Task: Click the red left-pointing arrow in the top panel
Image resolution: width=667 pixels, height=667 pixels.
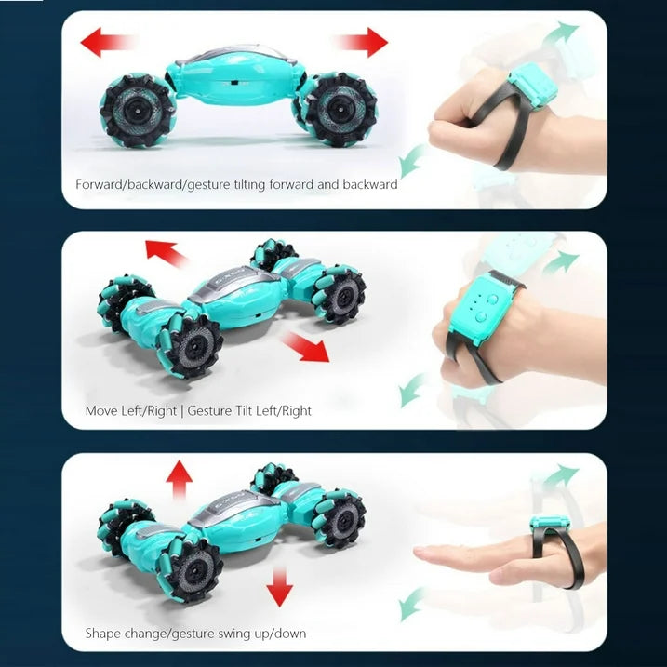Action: (106, 42)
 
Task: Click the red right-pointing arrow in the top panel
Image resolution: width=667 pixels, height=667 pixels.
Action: (362, 42)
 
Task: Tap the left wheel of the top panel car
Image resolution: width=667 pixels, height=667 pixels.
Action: (137, 111)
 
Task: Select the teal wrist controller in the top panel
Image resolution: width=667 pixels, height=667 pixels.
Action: (533, 86)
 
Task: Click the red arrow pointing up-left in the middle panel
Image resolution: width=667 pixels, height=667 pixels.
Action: (166, 253)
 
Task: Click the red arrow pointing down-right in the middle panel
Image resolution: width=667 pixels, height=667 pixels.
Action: (305, 347)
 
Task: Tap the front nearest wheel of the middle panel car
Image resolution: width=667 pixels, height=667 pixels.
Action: (191, 345)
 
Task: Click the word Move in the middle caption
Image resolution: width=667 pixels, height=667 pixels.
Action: (101, 411)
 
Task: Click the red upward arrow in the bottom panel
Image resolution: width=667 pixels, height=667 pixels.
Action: (180, 479)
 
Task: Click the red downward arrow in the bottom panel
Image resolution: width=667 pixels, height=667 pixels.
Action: (279, 588)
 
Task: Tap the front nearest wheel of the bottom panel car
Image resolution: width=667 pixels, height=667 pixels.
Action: (192, 569)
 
